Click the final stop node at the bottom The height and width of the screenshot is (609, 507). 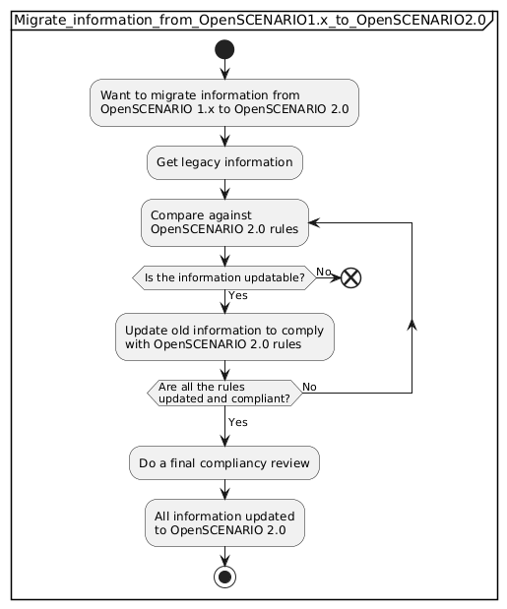tap(224, 576)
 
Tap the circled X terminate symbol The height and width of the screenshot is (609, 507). tap(351, 278)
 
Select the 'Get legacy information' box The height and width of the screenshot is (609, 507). tap(224, 162)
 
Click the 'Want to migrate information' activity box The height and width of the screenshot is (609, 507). tap(224, 102)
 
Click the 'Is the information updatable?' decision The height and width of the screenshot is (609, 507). tap(224, 278)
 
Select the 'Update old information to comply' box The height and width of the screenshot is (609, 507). tap(224, 336)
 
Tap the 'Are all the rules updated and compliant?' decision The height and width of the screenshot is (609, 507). tap(224, 394)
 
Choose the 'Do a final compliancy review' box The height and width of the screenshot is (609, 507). tap(224, 460)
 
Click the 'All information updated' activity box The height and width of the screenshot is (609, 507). tap(224, 522)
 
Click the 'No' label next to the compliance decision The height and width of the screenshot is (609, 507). tap(309, 387)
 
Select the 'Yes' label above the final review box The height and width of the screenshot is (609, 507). tap(238, 422)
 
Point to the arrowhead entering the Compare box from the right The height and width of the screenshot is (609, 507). tap(316, 222)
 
